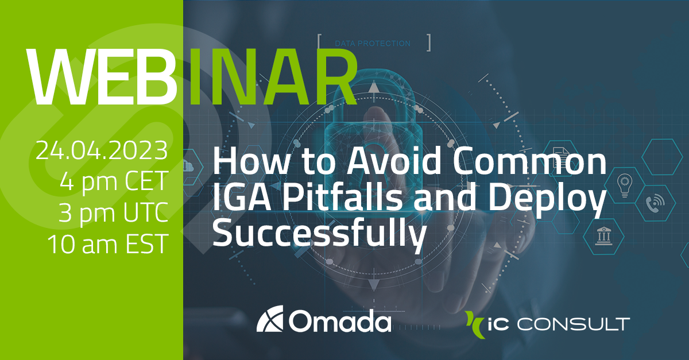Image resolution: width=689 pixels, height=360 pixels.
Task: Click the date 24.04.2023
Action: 102,151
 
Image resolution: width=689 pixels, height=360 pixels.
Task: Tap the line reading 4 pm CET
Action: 113,182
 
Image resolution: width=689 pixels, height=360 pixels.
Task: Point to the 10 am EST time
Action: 107,244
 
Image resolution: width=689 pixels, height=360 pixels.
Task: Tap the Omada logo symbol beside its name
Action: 270,322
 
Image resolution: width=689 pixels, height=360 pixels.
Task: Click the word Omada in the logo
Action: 340,322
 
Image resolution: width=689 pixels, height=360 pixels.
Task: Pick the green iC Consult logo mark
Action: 475,323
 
